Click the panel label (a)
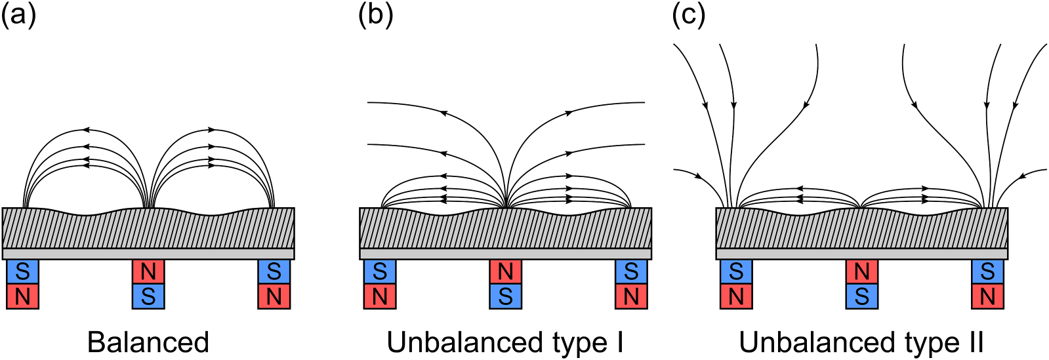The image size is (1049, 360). click(18, 14)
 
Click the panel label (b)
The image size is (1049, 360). click(375, 14)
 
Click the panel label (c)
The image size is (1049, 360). click(688, 14)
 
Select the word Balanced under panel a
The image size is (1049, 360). click(148, 342)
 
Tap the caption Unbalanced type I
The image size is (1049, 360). click(504, 342)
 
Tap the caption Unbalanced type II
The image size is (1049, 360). click(861, 342)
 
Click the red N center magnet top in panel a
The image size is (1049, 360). click(148, 271)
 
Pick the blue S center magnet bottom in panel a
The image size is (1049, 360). click(148, 296)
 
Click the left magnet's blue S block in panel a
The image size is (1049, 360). click(23, 271)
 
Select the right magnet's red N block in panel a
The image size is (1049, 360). click(274, 296)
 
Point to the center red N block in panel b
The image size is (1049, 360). click(505, 271)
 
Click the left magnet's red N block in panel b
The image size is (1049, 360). click(380, 296)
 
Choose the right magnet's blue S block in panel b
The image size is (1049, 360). click(630, 271)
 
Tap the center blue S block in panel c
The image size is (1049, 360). click(861, 296)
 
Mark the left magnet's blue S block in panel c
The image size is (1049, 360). click(736, 271)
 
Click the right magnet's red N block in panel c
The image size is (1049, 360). click(987, 296)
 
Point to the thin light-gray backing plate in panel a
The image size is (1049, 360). click(148, 254)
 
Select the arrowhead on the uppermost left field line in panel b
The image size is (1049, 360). click(443, 113)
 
